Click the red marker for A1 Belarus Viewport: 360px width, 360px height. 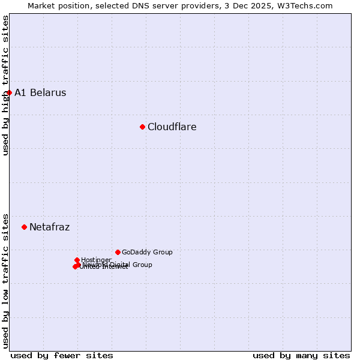click(x=9, y=92)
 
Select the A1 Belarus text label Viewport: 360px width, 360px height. click(x=40, y=93)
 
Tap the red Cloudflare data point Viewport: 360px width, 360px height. click(x=142, y=127)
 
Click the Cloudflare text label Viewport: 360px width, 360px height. click(x=172, y=127)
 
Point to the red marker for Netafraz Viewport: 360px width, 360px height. click(x=24, y=227)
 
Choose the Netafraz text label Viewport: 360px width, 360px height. click(x=49, y=227)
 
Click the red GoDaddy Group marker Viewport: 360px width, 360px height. click(x=118, y=252)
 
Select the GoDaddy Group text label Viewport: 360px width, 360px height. click(x=147, y=253)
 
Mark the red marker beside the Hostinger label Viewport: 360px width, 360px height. click(x=77, y=260)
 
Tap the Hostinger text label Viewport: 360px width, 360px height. click(x=96, y=260)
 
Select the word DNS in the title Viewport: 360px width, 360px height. click(x=151, y=6)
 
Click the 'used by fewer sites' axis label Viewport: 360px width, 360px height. click(x=62, y=355)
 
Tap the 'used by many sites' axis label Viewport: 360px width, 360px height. click(x=301, y=355)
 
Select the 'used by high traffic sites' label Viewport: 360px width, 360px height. click(x=6, y=85)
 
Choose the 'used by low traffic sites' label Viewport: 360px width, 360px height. click(x=6, y=280)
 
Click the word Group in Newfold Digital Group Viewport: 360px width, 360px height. click(x=142, y=265)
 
